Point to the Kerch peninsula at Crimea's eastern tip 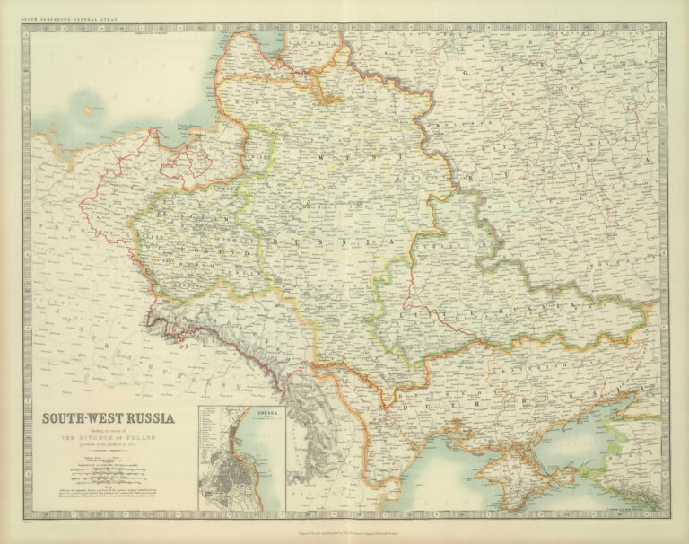(x=574, y=458)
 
